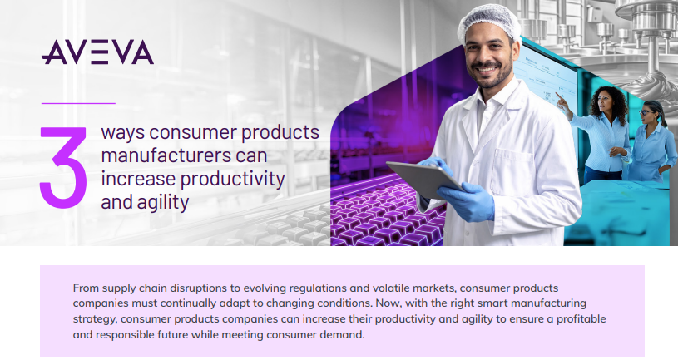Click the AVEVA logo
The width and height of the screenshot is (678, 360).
pyautogui.click(x=97, y=52)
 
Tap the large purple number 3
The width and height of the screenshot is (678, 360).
pyautogui.click(x=63, y=168)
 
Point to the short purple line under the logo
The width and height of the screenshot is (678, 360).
pyautogui.click(x=78, y=103)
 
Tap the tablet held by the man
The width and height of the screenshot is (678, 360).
pyautogui.click(x=423, y=179)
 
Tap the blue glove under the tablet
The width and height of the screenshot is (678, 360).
pyautogui.click(x=466, y=200)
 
